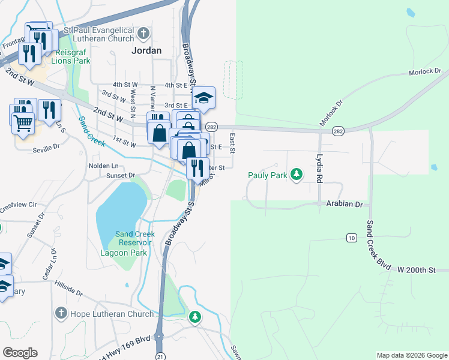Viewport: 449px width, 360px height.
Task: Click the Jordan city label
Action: pos(146,51)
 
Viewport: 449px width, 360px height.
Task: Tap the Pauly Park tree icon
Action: pos(295,175)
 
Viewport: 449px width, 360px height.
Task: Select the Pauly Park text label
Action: pos(268,175)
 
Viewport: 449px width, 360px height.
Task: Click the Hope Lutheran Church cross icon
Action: pos(60,313)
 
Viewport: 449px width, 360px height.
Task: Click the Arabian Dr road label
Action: pos(345,204)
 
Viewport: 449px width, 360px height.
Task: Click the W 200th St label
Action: pos(415,271)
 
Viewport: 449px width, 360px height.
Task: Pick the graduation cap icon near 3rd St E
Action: pos(203,97)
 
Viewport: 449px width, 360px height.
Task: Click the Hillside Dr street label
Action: pos(68,287)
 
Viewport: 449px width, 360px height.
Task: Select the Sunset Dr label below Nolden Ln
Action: pos(121,175)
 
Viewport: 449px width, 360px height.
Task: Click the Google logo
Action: pos(20,353)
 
